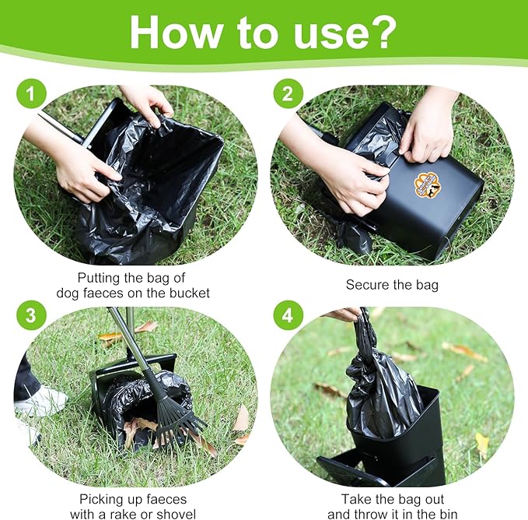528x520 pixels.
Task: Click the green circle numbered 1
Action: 30,96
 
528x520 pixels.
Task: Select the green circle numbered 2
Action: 287,96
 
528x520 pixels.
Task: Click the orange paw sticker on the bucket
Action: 427,184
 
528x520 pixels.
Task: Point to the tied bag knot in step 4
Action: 365,327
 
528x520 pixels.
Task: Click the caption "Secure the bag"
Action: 392,285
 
